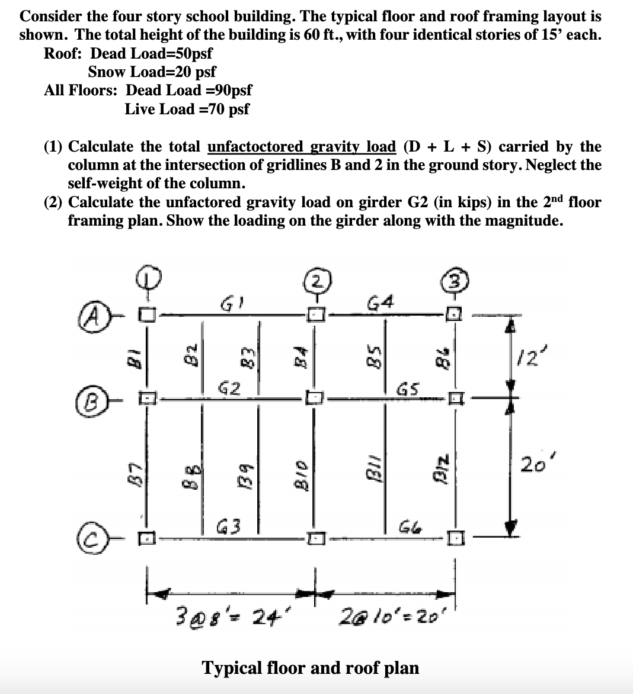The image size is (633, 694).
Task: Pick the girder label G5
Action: coord(409,390)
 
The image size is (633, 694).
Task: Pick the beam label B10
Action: coord(300,473)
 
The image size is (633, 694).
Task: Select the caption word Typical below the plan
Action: coord(231,668)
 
